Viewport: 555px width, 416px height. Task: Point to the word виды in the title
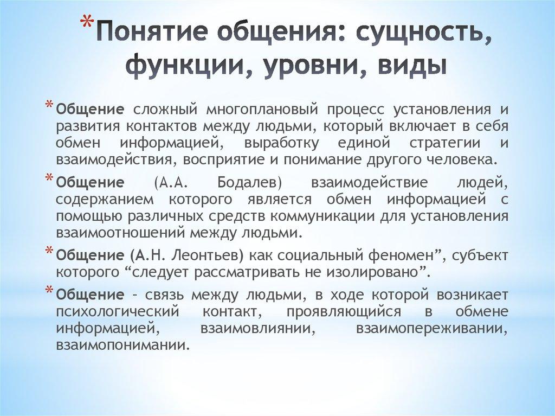(415, 67)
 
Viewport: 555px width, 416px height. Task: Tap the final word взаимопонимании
(122, 345)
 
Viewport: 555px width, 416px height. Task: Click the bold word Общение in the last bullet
(91, 295)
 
